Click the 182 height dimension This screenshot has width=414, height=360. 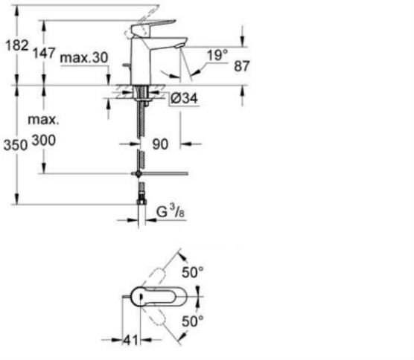[x=17, y=45]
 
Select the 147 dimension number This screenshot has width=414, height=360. [x=44, y=53]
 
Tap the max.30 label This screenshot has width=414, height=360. [x=84, y=57]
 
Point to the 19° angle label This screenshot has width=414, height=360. [x=217, y=55]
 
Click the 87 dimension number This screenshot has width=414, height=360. [x=241, y=66]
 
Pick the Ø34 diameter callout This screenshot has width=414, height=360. [x=185, y=98]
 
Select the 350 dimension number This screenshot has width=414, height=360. [x=16, y=145]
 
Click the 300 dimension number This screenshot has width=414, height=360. [x=44, y=141]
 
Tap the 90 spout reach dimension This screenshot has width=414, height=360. [x=160, y=144]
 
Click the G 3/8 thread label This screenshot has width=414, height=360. [x=171, y=212]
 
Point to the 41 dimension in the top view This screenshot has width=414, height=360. [x=131, y=340]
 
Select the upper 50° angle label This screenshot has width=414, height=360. [x=193, y=272]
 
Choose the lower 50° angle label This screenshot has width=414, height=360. [x=193, y=321]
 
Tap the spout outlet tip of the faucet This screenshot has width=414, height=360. [x=179, y=46]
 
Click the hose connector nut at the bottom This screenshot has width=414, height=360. [x=141, y=202]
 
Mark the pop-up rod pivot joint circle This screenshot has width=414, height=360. [x=138, y=173]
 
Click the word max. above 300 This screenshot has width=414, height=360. [x=44, y=120]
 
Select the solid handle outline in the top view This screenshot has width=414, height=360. [x=159, y=297]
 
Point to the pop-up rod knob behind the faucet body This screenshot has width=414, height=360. [x=126, y=65]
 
